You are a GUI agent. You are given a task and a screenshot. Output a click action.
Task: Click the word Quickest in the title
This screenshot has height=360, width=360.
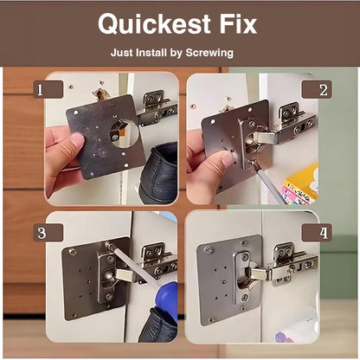point(154,24)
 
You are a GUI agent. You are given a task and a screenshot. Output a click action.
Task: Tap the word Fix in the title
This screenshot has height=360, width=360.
point(238,23)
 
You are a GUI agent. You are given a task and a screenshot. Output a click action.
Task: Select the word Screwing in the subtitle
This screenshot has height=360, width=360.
point(209,53)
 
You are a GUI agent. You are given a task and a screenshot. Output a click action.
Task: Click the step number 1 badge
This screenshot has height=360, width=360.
point(48,90)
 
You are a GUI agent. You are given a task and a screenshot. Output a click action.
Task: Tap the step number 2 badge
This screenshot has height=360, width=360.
point(317,90)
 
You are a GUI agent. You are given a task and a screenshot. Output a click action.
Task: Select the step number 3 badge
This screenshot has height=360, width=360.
point(48,233)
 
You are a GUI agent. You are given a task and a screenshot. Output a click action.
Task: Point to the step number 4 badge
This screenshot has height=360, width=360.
point(317,233)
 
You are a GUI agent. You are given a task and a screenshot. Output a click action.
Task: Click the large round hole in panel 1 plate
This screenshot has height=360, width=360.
point(124,133)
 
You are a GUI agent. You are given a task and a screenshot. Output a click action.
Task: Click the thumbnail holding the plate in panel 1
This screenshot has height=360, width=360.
point(77,140)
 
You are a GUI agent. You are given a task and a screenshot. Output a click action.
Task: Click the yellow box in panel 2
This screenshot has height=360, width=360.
point(301,183)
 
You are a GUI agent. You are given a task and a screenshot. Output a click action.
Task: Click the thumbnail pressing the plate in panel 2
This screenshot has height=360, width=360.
point(228,158)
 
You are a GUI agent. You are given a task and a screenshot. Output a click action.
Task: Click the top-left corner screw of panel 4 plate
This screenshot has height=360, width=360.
point(209,250)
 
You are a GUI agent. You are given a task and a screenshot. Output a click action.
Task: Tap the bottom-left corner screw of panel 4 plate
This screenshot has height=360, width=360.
point(212,319)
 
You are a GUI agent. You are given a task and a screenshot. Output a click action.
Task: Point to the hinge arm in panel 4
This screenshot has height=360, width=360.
point(260,274)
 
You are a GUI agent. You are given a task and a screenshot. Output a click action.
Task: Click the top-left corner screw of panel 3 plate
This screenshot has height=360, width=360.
point(72,252)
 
